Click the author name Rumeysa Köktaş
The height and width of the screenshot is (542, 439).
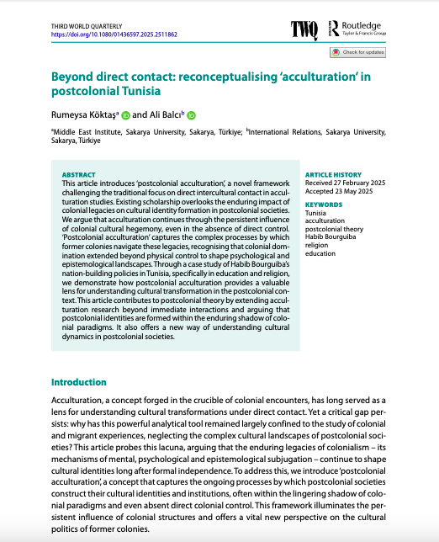(x=84, y=114)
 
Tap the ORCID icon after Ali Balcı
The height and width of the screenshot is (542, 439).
(x=191, y=114)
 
